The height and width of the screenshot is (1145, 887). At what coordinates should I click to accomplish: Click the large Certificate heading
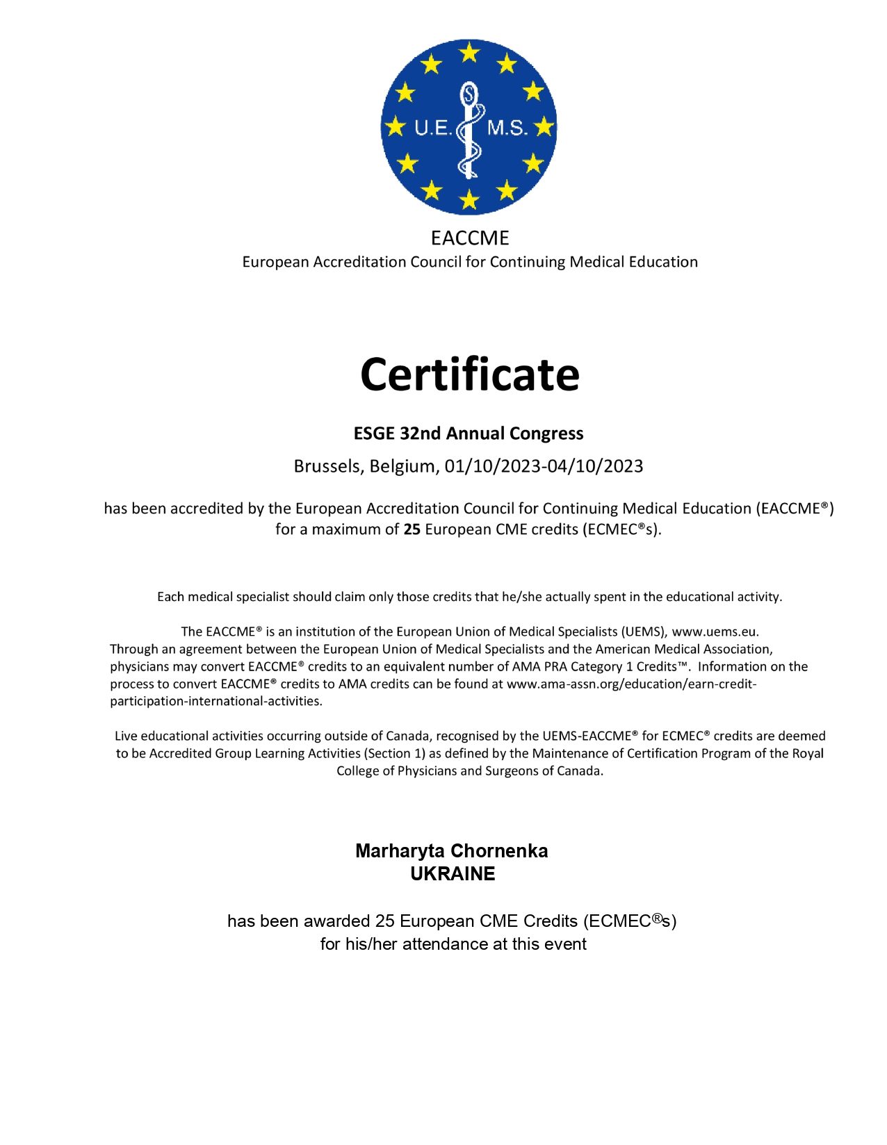click(x=469, y=374)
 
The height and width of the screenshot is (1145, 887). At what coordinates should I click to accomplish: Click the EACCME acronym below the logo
click(x=469, y=238)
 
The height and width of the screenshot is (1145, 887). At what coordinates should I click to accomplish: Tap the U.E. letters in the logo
click(x=432, y=129)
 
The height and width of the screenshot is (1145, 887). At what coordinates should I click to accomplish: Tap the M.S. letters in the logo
click(x=507, y=129)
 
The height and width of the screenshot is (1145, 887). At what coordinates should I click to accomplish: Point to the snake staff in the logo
click(x=470, y=129)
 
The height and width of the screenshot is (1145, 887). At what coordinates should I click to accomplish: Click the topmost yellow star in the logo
click(x=470, y=51)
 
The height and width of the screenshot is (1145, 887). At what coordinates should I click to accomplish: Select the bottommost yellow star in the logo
click(x=470, y=201)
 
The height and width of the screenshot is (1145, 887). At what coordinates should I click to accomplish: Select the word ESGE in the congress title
click(x=374, y=434)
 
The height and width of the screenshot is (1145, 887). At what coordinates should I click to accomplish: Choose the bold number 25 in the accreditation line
click(x=412, y=529)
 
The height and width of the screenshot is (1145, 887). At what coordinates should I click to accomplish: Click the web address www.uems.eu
click(x=715, y=632)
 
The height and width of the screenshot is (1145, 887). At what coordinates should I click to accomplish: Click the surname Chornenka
click(x=499, y=851)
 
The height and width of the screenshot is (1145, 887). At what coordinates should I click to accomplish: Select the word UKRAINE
click(x=453, y=874)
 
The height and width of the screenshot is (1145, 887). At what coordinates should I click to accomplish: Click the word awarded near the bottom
click(x=336, y=921)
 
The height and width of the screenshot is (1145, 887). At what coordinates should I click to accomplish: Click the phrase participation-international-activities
click(x=216, y=701)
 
